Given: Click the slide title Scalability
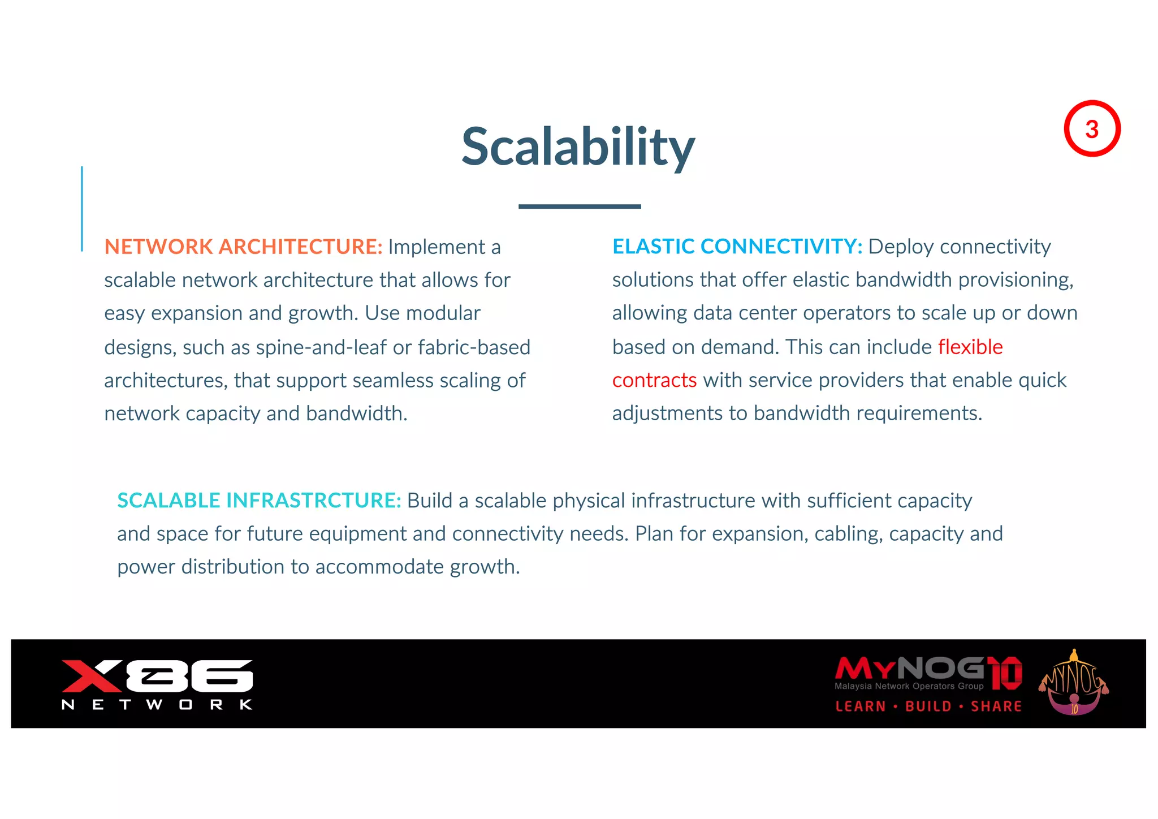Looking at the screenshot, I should pyautogui.click(x=578, y=147).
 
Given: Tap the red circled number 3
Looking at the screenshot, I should pyautogui.click(x=1092, y=129).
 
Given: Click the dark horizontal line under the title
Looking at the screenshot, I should pyautogui.click(x=580, y=206).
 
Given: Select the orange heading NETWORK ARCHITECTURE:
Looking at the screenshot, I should pyautogui.click(x=243, y=247).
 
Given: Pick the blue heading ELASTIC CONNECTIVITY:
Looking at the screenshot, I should pyautogui.click(x=737, y=247).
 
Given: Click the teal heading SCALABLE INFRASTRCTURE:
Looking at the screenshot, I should pyautogui.click(x=259, y=501).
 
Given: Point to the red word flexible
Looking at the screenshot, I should pyautogui.click(x=970, y=347).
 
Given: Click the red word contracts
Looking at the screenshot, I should pyautogui.click(x=654, y=380).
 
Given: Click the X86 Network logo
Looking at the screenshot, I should pyautogui.click(x=157, y=684).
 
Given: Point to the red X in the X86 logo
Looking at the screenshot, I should pyautogui.click(x=90, y=676).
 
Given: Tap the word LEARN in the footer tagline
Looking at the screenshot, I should pyautogui.click(x=861, y=706).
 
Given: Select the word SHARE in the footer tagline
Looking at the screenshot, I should pyautogui.click(x=996, y=706).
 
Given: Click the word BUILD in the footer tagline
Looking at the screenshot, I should pyautogui.click(x=928, y=706).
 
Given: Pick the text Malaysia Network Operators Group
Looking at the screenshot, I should pyautogui.click(x=909, y=686).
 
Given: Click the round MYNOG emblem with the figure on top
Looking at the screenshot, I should pyautogui.click(x=1074, y=683).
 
